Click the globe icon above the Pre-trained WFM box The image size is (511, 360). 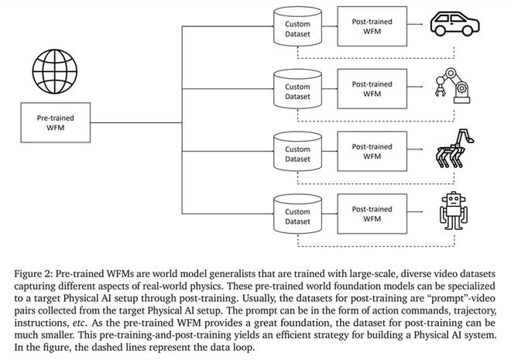(55, 71)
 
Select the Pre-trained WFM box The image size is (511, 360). (56, 122)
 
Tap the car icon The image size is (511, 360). (454, 23)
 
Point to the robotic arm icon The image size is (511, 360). (453, 86)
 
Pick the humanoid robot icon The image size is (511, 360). (454, 211)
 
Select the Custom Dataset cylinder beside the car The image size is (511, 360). (297, 26)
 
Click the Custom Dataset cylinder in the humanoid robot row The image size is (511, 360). (297, 214)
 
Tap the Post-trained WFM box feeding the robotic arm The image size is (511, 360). (372, 88)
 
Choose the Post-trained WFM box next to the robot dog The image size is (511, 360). (372, 151)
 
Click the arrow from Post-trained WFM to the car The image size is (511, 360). (415, 24)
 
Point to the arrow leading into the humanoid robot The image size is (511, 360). (415, 212)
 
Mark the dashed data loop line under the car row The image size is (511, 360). (376, 58)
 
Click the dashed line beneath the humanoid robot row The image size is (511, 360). (376, 246)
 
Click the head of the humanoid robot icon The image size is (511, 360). (454, 199)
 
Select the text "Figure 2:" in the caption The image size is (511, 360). (33, 273)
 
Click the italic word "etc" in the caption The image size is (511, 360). (78, 323)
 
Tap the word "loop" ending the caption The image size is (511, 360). (242, 348)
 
